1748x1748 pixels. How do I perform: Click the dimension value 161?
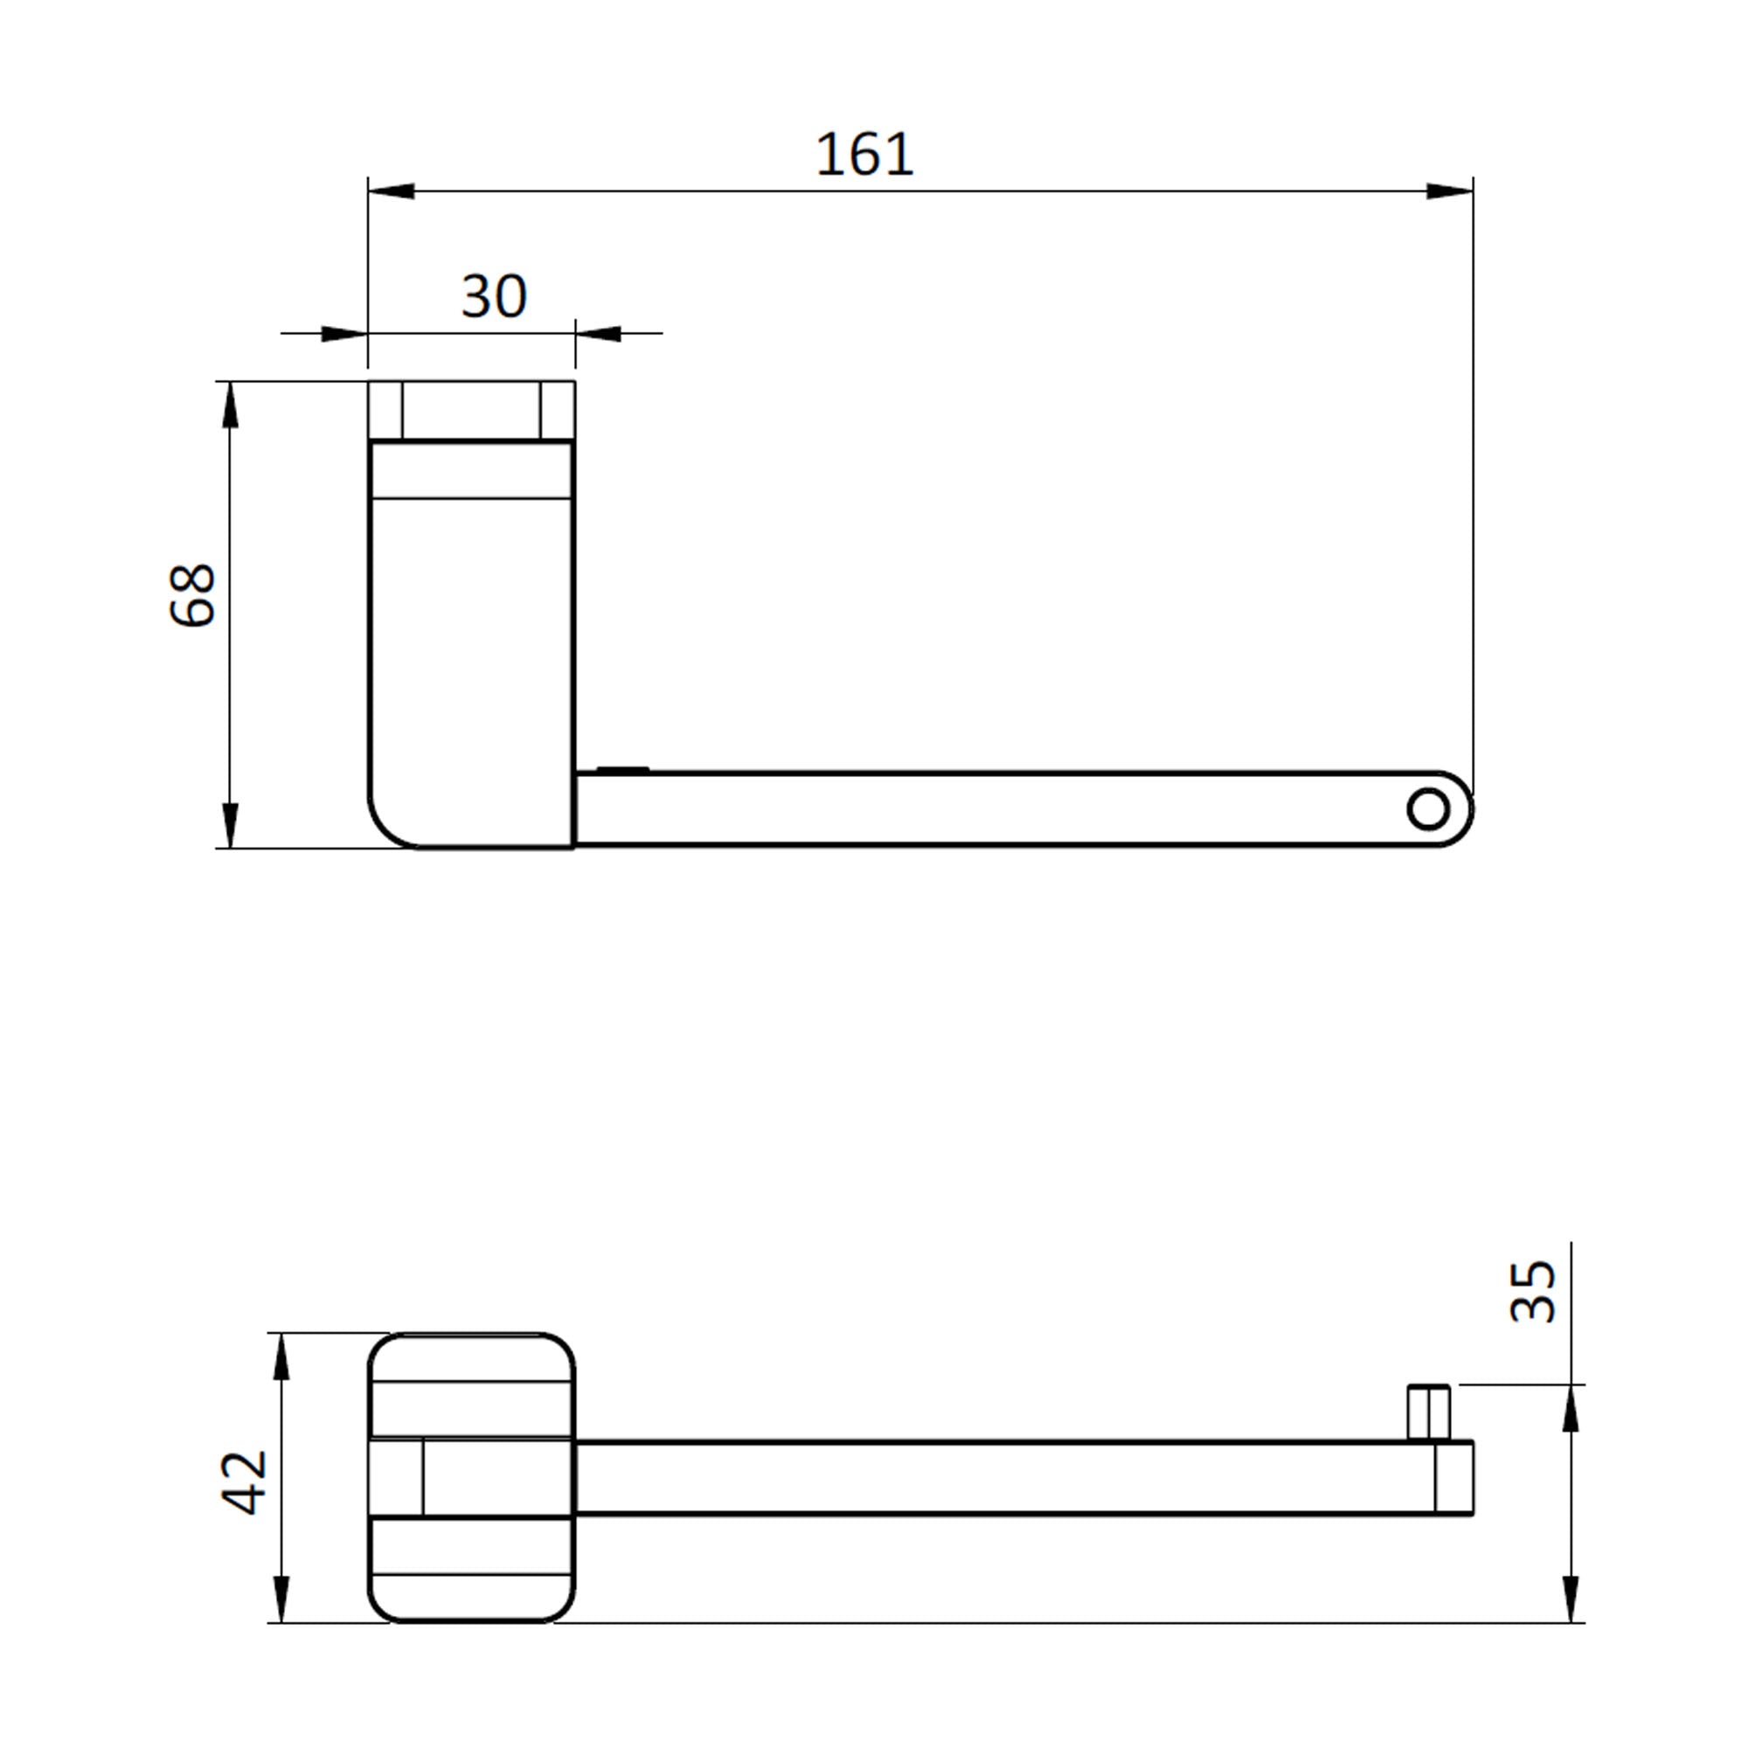864,155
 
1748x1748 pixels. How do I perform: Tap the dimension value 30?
493,296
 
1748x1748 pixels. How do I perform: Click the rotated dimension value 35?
1533,1291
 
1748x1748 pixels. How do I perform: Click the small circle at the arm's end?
1428,808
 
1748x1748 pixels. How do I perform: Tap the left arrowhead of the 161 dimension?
391,191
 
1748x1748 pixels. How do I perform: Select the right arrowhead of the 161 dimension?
1449,191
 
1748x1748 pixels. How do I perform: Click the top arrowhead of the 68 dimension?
230,405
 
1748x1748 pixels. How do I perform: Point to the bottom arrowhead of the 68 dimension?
230,825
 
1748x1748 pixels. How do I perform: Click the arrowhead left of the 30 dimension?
343,334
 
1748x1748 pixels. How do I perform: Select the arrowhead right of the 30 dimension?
598,334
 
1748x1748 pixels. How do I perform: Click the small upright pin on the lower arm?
1429,1412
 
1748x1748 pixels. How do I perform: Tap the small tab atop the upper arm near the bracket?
622,770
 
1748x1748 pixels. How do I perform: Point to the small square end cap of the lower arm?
1453,1477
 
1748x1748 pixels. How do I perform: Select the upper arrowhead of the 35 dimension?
1571,1410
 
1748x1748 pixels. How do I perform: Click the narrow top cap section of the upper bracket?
471,411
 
